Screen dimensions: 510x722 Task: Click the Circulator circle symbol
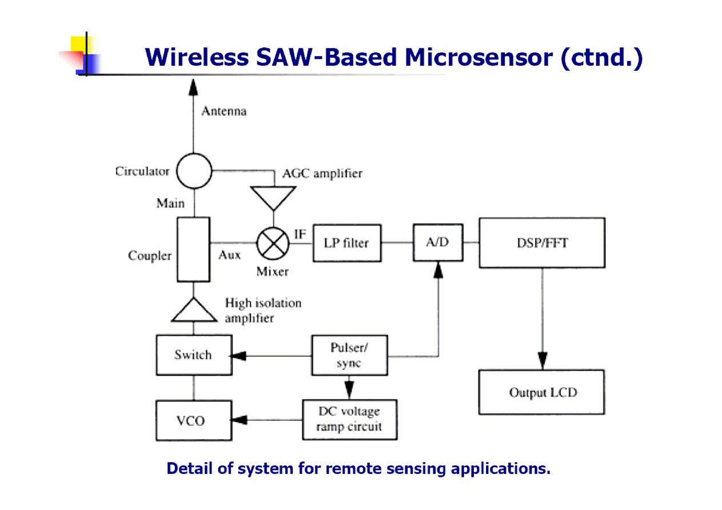pyautogui.click(x=194, y=170)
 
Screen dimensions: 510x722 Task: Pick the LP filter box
pyautogui.click(x=347, y=243)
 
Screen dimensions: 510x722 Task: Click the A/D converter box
pyautogui.click(x=438, y=243)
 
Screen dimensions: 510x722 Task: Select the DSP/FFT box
pyautogui.click(x=541, y=243)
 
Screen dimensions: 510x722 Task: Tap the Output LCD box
pyautogui.click(x=541, y=392)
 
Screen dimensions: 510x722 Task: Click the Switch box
pyautogui.click(x=194, y=355)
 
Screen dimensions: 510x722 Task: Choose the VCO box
pyautogui.click(x=194, y=421)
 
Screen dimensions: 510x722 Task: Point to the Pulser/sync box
pyautogui.click(x=349, y=355)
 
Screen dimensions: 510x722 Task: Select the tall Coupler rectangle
pyautogui.click(x=193, y=249)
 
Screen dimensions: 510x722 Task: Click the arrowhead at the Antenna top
pyautogui.click(x=194, y=87)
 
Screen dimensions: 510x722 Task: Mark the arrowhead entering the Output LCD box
pyautogui.click(x=543, y=362)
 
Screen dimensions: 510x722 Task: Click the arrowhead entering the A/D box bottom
pyautogui.click(x=438, y=270)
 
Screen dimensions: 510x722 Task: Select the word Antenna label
pyautogui.click(x=224, y=111)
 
